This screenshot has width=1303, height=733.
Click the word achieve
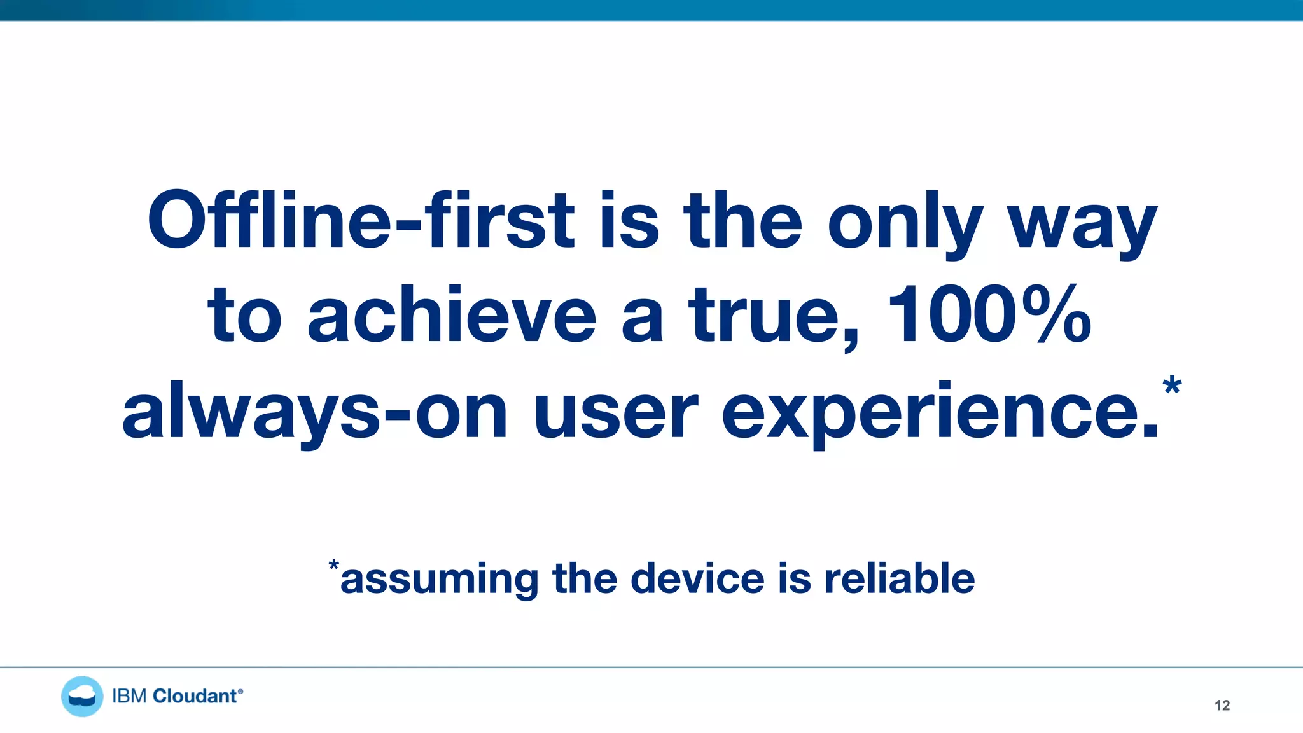pos(452,316)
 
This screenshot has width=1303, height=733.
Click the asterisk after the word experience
pos(1172,386)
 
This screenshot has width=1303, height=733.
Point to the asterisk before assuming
pos(334,565)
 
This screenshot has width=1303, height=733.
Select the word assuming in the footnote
pos(439,579)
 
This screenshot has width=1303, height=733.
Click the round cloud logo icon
pos(82,696)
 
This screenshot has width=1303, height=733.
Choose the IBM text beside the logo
pos(130,696)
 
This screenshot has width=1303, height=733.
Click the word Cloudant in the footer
pos(195,696)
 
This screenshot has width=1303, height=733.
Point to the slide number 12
pos(1222,705)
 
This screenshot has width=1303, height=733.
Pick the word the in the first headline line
pos(743,220)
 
